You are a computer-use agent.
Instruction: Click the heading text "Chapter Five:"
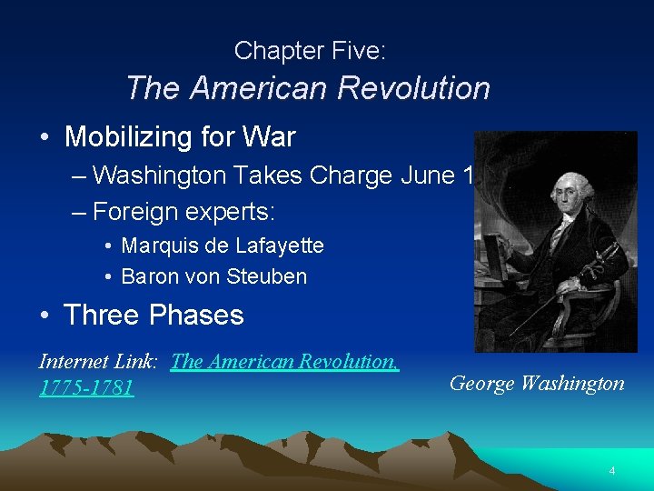pos(310,51)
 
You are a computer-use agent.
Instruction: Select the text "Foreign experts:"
pos(183,211)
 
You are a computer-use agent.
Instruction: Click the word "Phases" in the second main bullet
pos(196,316)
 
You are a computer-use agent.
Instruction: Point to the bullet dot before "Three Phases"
pos(45,316)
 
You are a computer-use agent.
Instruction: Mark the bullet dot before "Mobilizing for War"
pos(45,138)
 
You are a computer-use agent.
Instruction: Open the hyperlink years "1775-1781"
pos(86,388)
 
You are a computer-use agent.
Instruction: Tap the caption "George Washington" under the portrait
pos(537,383)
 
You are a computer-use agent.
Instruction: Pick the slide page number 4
pos(611,470)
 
